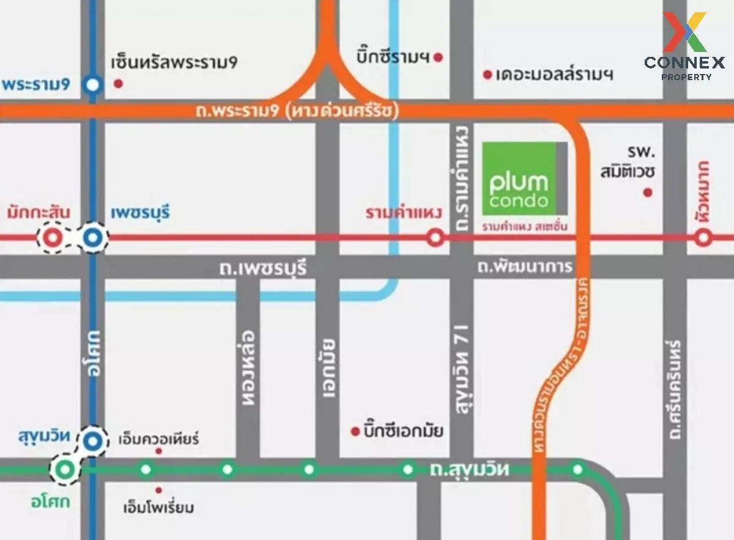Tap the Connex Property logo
[x=684, y=46]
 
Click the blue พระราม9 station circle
[x=93, y=85]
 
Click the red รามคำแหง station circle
[x=435, y=237]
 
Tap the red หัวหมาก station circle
[x=703, y=237]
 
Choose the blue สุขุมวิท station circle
[x=93, y=440]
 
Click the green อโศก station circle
[x=65, y=470]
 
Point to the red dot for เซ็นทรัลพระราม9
[x=119, y=83]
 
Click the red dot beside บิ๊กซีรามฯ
[x=438, y=58]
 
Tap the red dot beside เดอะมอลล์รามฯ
[x=487, y=75]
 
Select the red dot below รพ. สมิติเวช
[x=648, y=193]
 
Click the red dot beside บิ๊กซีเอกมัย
[x=354, y=431]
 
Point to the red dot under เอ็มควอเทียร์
[x=158, y=451]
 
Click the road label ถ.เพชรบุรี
[x=263, y=268]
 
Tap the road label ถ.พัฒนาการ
[x=525, y=267]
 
